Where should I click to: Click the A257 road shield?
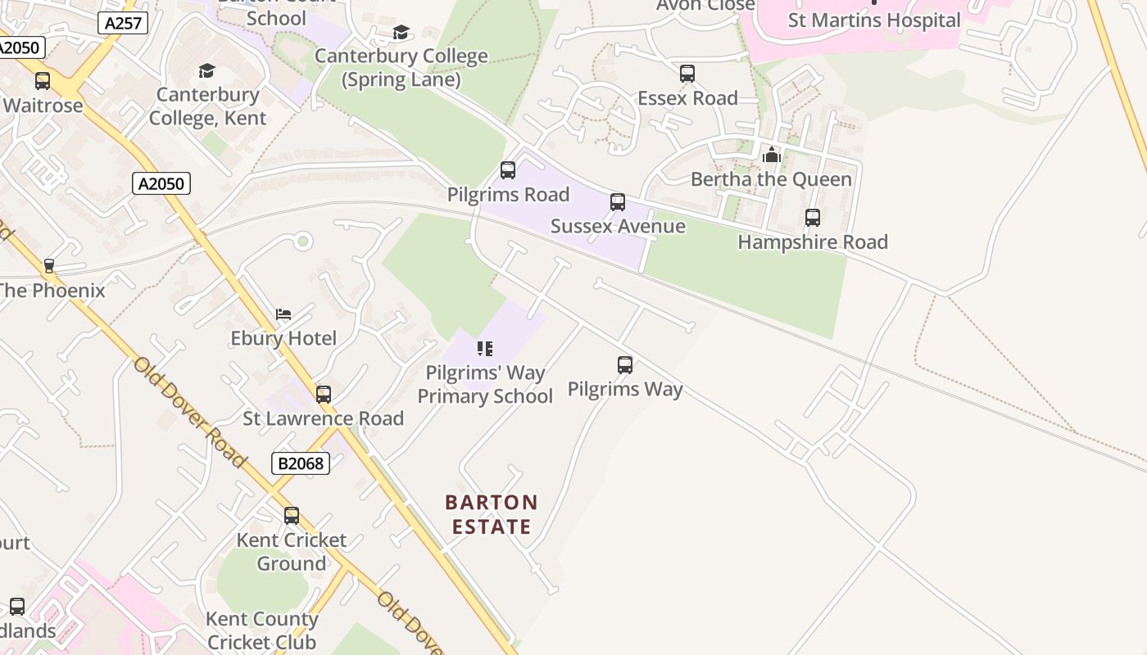124,23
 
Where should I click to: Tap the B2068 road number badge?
301,463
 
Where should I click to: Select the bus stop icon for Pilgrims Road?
508,170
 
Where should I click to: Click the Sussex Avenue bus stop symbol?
618,201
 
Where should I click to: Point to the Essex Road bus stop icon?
687,74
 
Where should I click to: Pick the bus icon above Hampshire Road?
813,218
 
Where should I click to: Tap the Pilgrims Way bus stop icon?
625,365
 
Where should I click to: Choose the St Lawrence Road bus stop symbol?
324,395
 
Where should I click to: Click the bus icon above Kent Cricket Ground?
292,516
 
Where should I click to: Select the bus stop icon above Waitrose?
43,81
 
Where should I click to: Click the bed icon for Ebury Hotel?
283,314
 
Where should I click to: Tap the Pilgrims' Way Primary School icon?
485,349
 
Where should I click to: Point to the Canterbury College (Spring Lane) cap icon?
401,33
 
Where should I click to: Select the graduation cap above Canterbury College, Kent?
206,71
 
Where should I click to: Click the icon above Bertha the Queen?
771,155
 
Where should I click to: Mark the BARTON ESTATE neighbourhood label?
492,513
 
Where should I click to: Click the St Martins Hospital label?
874,20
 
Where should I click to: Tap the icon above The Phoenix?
49,266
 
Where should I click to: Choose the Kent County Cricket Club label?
262,630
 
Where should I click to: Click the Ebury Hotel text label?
283,338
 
